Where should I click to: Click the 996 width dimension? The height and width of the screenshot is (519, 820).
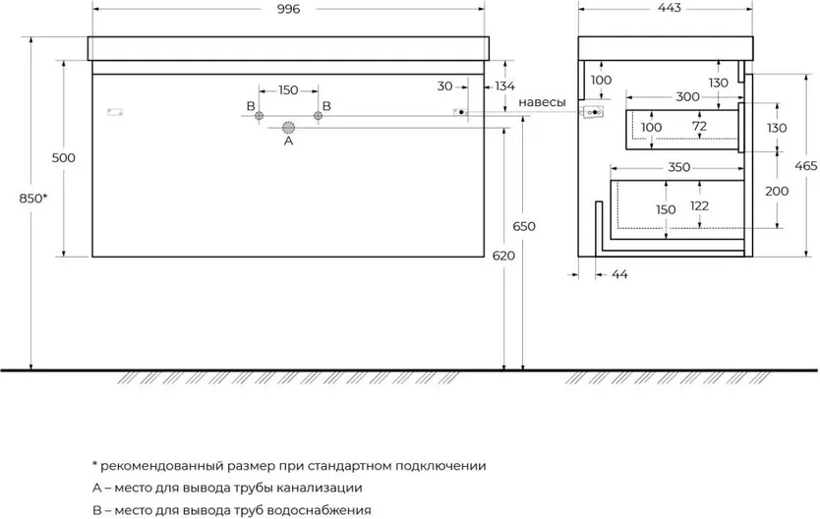coord(289,10)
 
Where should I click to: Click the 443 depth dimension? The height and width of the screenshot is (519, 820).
coord(670,9)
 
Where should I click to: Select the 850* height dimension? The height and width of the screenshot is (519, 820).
coord(33,199)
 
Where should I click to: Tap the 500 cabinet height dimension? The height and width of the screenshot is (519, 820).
coord(63,157)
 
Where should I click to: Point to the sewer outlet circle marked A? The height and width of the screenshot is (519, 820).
coord(289,127)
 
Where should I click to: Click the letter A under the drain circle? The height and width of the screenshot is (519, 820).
coord(289,142)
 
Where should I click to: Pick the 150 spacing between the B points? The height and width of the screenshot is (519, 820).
coord(288,90)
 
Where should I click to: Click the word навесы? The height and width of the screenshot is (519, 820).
coord(543,102)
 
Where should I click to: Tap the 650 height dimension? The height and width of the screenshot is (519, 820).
coord(524,226)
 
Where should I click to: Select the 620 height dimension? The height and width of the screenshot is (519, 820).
coord(503,256)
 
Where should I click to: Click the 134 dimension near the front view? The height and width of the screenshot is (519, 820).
coord(504,86)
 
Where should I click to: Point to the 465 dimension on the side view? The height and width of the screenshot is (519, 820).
coord(806,166)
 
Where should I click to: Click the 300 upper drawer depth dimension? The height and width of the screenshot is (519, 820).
coord(687,96)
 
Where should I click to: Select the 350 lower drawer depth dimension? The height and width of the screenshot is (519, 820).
coord(679,167)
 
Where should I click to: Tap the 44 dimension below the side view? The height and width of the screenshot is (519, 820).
coord(619,274)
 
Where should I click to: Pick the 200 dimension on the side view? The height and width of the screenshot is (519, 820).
coord(777,192)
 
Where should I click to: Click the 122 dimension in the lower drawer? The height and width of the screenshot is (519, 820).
coord(699,205)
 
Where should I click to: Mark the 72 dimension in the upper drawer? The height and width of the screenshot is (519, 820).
coord(699,126)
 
